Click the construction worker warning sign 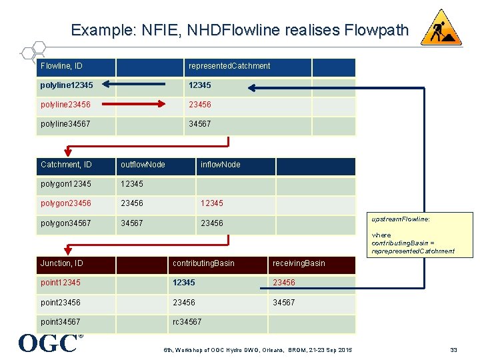click(441, 28)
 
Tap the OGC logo click(48, 343)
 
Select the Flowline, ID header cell click(66, 66)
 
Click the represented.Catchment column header click(229, 66)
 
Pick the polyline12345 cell click(67, 85)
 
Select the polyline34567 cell click(65, 124)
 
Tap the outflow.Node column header click(143, 165)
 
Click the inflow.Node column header click(221, 165)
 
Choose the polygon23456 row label click(66, 203)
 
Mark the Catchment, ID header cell click(66, 165)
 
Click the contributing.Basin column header click(203, 263)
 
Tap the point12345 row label click(61, 283)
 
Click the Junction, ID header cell click(62, 263)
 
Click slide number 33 click(453, 349)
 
